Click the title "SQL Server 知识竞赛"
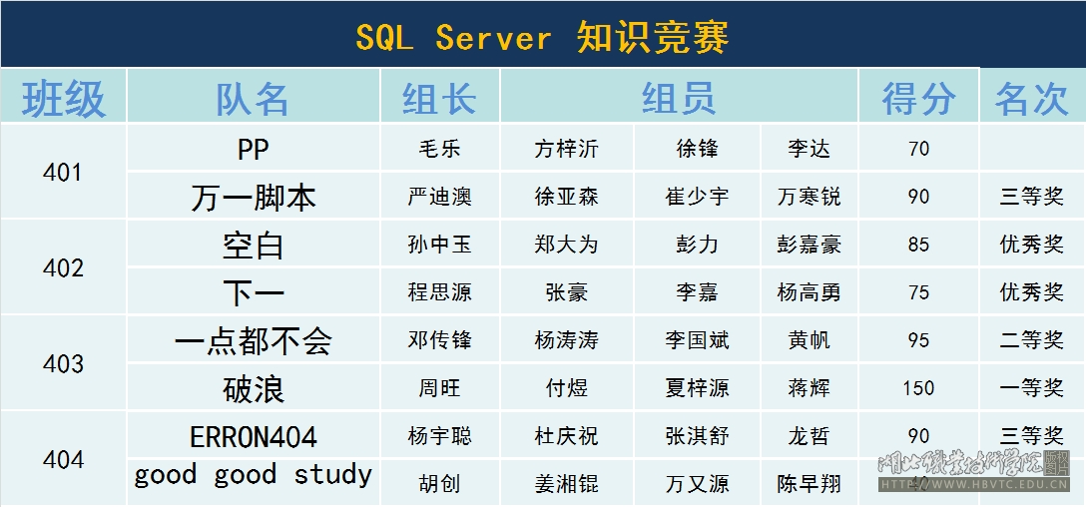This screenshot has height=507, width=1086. [x=542, y=37]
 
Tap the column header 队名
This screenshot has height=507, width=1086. [x=253, y=100]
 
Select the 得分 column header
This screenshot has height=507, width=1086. [x=918, y=100]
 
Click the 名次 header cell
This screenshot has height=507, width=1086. [x=1031, y=100]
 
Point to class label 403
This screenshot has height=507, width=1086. [x=63, y=363]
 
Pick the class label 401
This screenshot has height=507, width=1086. [x=63, y=173]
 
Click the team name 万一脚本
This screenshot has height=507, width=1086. [x=253, y=198]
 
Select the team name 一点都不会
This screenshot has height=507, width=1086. [x=253, y=340]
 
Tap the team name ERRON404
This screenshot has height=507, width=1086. [x=253, y=437]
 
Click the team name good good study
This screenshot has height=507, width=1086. [x=253, y=475]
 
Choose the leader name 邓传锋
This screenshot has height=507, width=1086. [x=440, y=340]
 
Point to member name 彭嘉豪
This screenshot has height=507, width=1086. [x=809, y=246]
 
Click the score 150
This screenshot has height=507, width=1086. [x=918, y=388]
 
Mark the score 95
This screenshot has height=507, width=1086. [x=918, y=340]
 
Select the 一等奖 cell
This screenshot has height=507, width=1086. [x=1031, y=388]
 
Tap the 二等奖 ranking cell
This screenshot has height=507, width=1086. [x=1031, y=340]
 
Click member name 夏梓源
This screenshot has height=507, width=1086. [x=697, y=388]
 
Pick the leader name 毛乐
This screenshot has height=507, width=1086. [x=440, y=149]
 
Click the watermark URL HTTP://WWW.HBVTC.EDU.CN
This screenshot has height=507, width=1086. [x=974, y=485]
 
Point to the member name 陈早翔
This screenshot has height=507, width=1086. [x=809, y=483]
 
